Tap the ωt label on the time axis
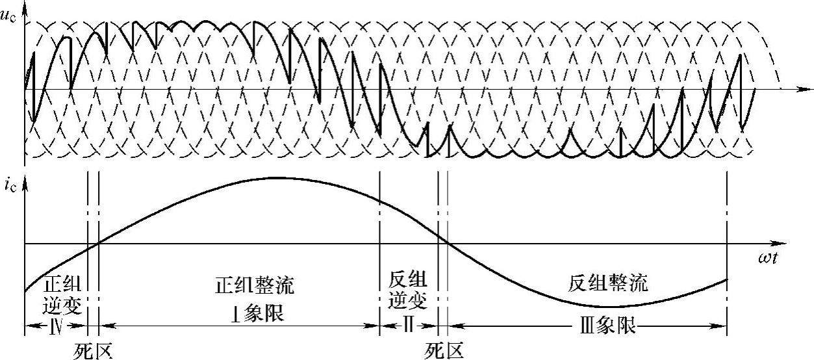pos(770,257)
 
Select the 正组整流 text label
pos(255,285)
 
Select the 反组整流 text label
pos(609,284)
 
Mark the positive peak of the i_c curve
pos(273,177)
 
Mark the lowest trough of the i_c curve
pos(611,306)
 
